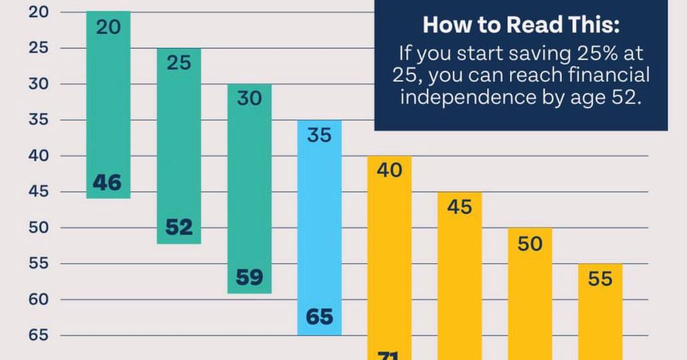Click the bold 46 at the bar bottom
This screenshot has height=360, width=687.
(x=107, y=182)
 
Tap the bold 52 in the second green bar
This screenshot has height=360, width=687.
(x=179, y=227)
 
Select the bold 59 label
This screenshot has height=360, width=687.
(x=249, y=277)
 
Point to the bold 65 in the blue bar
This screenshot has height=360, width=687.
(x=319, y=317)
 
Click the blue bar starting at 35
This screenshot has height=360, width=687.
(x=319, y=227)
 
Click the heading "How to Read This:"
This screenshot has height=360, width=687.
(x=521, y=25)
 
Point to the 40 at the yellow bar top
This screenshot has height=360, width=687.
(x=390, y=171)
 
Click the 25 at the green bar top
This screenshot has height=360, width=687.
(x=179, y=63)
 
